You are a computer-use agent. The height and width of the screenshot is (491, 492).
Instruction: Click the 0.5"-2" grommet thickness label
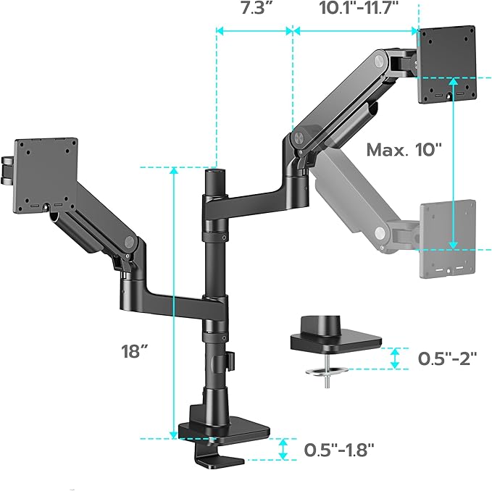447,358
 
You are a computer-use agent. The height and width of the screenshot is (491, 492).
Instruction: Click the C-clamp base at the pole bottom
217,435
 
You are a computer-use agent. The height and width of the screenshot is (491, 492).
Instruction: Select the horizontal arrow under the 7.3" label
254,30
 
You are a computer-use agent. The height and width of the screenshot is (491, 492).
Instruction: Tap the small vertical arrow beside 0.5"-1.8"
285,448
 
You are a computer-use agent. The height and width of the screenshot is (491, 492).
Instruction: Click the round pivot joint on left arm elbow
129,243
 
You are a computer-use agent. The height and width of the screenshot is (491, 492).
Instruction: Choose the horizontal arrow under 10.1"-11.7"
356,30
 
